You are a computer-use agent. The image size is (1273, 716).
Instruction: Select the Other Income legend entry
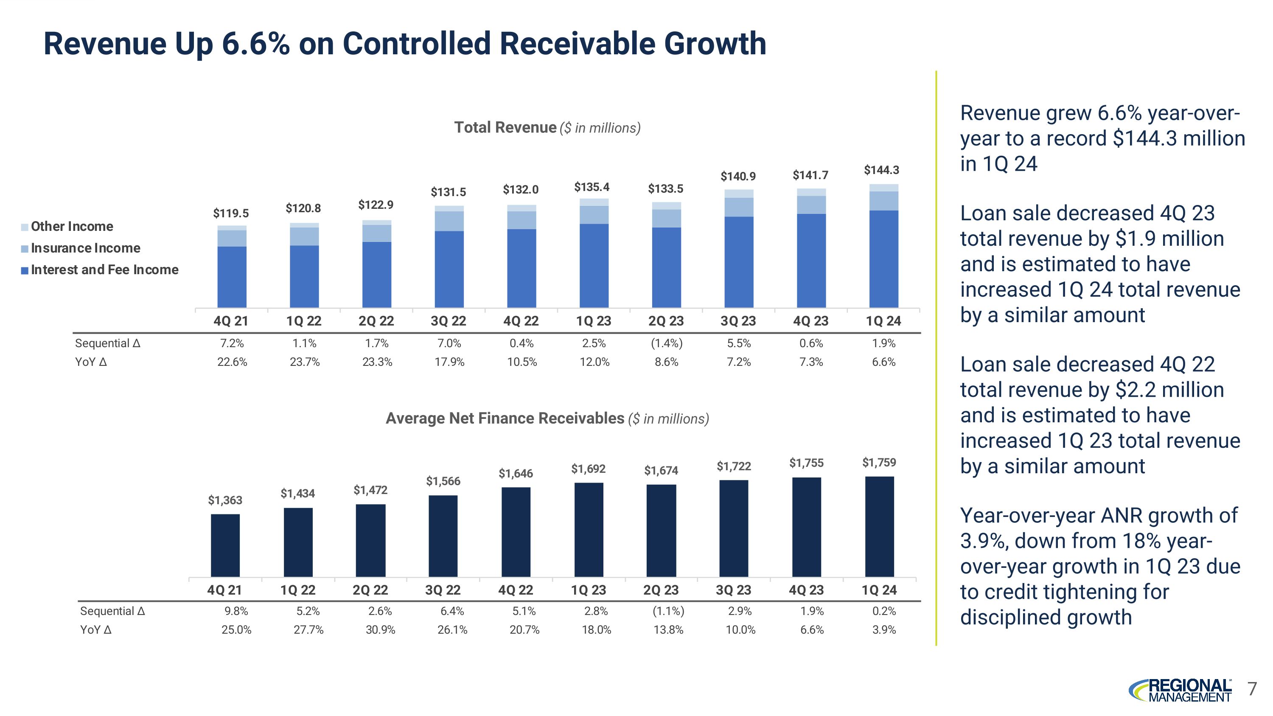pos(72,226)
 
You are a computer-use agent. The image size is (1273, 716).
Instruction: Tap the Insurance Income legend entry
pos(85,248)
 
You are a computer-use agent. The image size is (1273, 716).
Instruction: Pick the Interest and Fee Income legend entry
pos(104,270)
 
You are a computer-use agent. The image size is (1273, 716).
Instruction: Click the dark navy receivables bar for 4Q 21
pos(225,545)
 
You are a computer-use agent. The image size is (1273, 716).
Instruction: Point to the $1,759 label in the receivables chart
pos(879,463)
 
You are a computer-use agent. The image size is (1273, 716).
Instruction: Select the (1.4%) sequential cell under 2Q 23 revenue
pos(666,343)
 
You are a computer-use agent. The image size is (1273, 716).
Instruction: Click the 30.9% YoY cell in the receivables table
pos(380,630)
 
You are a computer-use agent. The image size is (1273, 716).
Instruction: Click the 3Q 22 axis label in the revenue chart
pos(448,321)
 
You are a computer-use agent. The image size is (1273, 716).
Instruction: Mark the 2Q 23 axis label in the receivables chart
pos(661,590)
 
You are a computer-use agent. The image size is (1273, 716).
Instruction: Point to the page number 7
pos(1252,688)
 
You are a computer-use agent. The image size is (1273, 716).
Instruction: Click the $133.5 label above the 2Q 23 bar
pos(666,189)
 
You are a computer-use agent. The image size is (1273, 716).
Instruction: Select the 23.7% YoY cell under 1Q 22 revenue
pos(304,362)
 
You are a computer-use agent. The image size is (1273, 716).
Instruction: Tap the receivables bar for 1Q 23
pos(589,530)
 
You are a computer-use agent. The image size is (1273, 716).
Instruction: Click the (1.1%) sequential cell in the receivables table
pos(668,611)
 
